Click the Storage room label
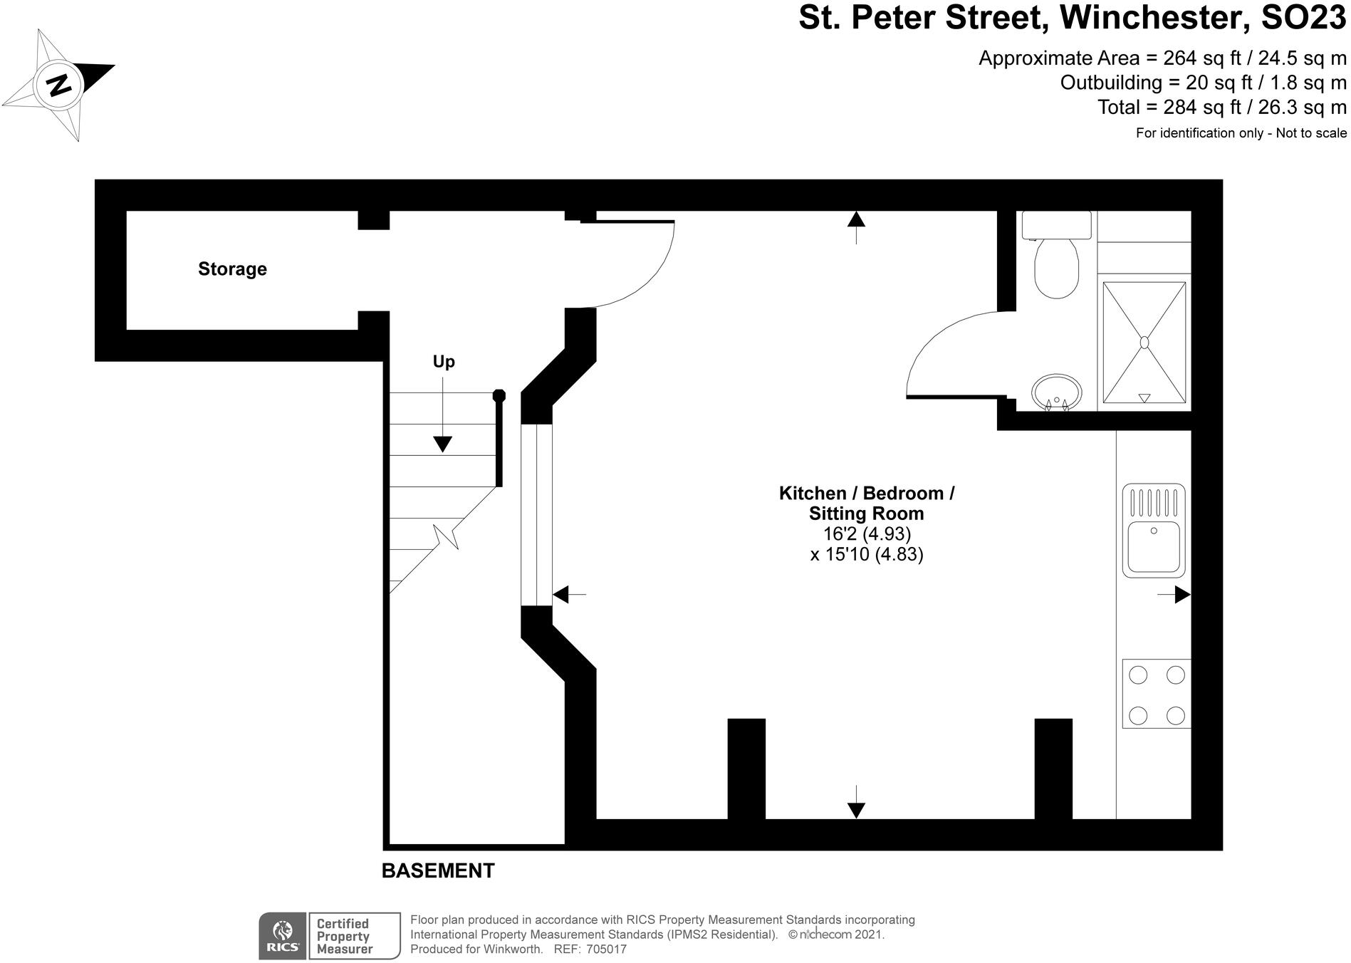(x=232, y=269)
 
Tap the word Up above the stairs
(x=444, y=362)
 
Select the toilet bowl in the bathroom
(x=1056, y=269)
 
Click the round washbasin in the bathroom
(x=1056, y=392)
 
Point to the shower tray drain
(x=1144, y=343)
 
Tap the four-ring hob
(x=1156, y=694)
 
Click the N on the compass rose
(x=60, y=85)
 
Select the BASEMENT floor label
(x=438, y=870)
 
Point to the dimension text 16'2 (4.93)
(x=866, y=533)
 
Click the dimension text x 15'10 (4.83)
(x=866, y=554)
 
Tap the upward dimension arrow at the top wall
(x=856, y=219)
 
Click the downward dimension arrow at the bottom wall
(x=856, y=809)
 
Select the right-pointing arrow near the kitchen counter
(x=1182, y=594)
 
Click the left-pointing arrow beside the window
(x=561, y=593)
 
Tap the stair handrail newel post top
(x=499, y=395)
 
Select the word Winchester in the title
(x=1154, y=19)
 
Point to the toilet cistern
(x=1056, y=224)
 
